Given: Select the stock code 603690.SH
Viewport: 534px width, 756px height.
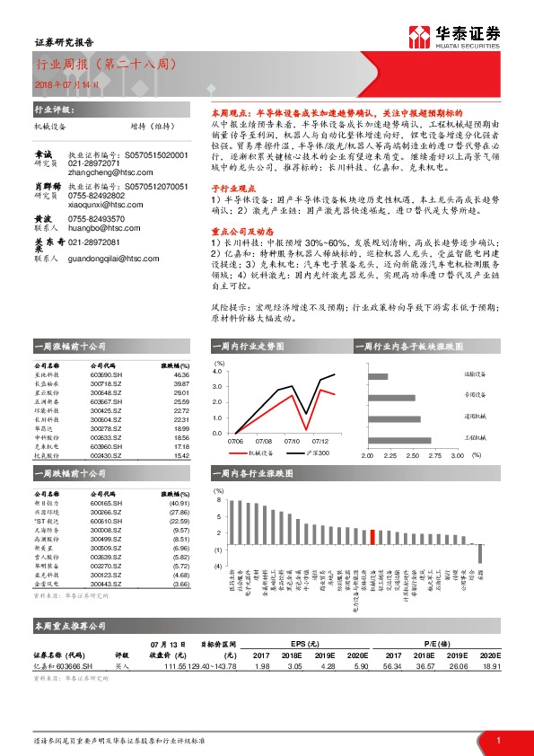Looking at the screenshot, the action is tap(105, 374).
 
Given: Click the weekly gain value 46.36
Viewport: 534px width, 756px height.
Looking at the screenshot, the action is tap(182, 374).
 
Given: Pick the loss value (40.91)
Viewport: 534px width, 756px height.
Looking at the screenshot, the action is tap(179, 503).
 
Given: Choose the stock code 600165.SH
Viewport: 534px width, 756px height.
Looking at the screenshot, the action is tap(105, 503).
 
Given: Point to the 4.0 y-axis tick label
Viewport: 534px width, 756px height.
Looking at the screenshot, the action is tap(218, 370).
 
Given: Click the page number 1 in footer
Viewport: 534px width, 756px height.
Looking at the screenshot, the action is tap(498, 740).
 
